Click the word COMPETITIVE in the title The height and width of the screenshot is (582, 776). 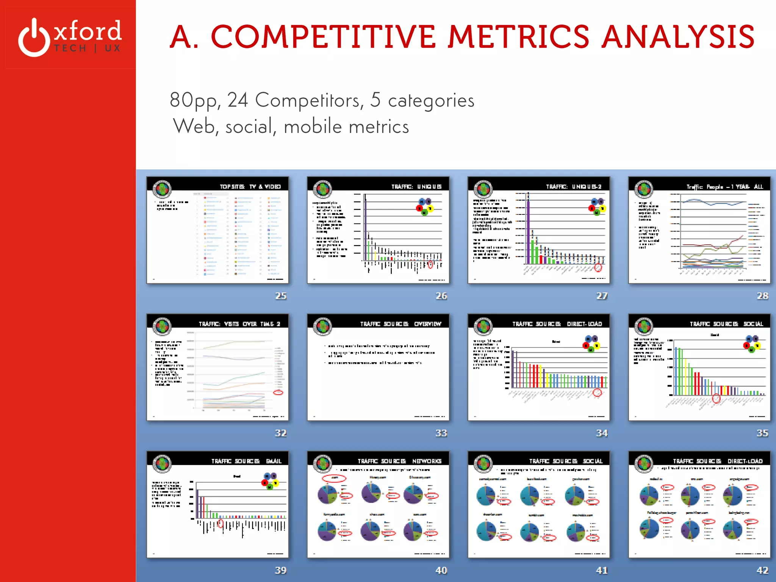[323, 37]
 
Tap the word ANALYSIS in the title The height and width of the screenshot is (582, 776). [678, 37]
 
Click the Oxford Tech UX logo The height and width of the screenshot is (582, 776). [70, 37]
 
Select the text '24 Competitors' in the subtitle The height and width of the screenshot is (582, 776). [296, 100]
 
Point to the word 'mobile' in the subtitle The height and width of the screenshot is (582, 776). [313, 127]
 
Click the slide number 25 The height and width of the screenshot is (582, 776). [281, 296]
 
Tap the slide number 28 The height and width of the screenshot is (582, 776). [762, 296]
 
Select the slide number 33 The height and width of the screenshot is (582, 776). [441, 433]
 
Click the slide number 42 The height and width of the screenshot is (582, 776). [762, 570]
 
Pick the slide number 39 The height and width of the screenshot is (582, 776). [281, 570]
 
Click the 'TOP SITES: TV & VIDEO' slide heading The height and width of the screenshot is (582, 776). [250, 186]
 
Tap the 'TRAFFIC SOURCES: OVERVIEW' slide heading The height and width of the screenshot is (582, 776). [401, 324]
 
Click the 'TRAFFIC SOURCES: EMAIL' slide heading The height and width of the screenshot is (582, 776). [246, 461]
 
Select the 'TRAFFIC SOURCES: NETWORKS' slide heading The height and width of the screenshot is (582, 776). [399, 461]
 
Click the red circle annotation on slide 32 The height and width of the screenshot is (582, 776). [278, 393]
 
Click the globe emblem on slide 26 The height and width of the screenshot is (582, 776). [322, 189]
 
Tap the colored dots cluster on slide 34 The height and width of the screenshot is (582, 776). [591, 343]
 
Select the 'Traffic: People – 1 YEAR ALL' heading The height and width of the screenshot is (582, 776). [724, 187]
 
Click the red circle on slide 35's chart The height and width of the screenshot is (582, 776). [716, 398]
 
